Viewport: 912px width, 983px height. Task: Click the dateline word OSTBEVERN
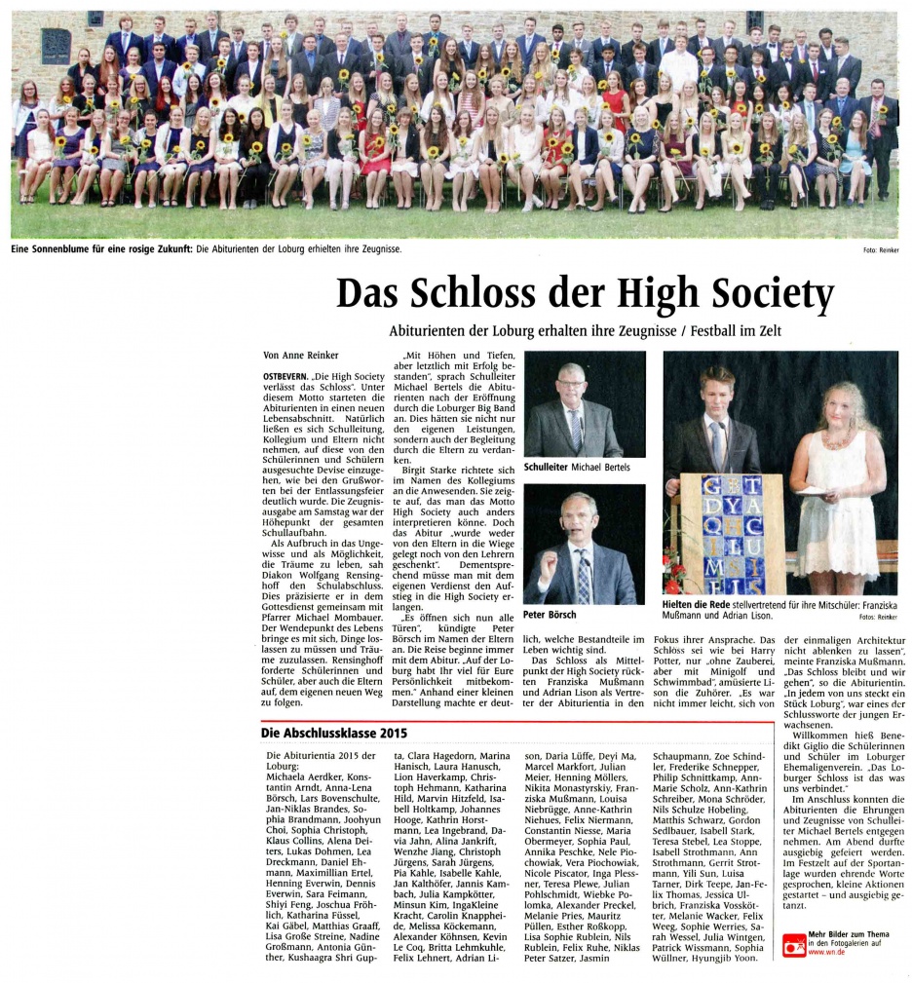tap(287, 375)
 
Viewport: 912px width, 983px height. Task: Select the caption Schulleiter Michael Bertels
tap(577, 468)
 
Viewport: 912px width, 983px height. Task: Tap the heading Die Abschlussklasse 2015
tap(334, 733)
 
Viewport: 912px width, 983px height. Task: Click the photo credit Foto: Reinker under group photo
tap(879, 250)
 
